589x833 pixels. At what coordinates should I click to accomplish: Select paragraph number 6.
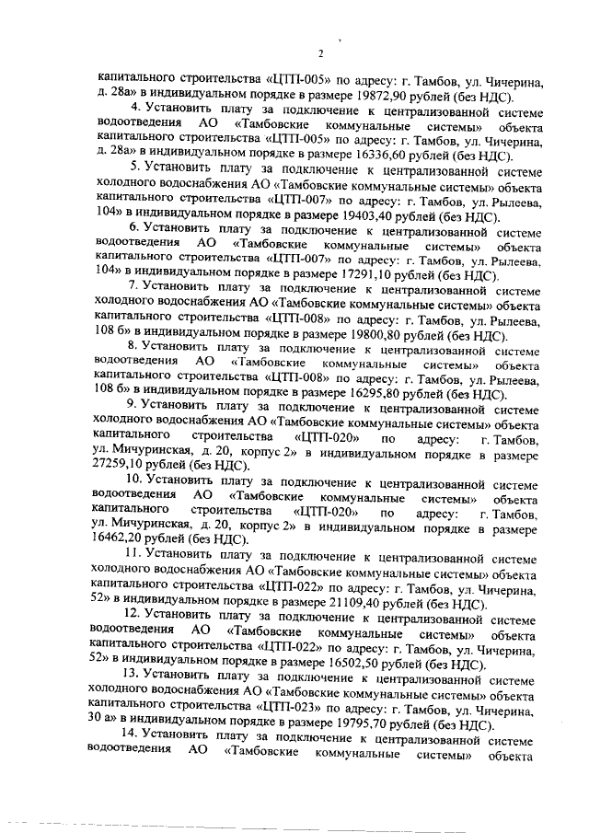tap(134, 230)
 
